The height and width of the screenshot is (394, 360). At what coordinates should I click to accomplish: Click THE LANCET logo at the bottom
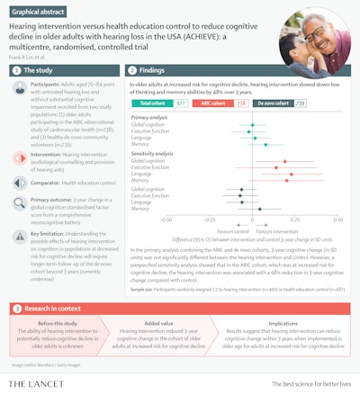click(42, 384)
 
